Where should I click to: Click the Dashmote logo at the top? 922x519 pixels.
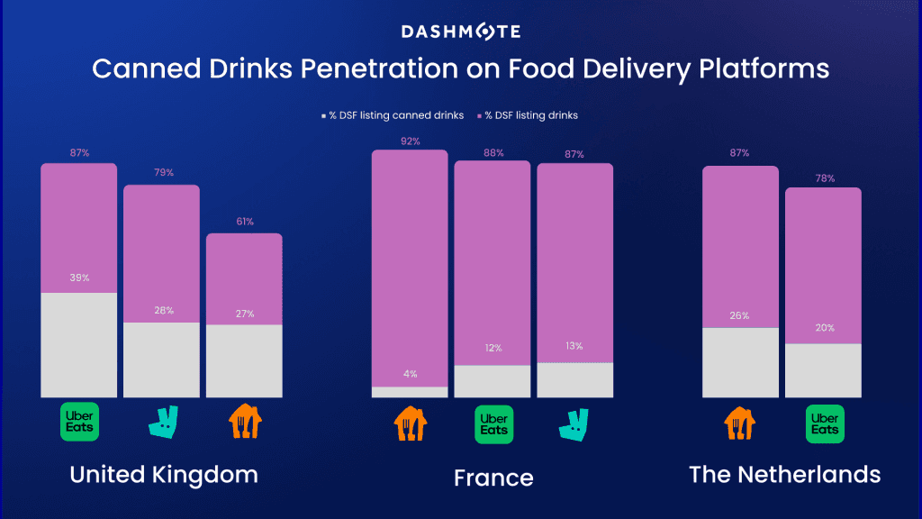[x=460, y=32]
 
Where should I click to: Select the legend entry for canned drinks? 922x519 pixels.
[x=392, y=115]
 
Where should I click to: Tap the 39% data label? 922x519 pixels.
[x=79, y=278]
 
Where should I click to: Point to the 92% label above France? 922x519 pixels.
[x=410, y=141]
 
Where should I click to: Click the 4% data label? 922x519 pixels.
[x=410, y=373]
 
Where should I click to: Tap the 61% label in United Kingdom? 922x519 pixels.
[x=244, y=221]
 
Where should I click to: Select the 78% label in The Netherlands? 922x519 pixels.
[x=823, y=178]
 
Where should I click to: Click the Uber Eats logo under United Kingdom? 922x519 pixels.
[x=79, y=421]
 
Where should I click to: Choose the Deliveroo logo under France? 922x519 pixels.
[x=575, y=423]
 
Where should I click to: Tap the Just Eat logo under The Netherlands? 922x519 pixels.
[x=740, y=422]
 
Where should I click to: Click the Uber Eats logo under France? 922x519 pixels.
[x=493, y=424]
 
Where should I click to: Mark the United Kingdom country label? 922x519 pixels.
[x=164, y=474]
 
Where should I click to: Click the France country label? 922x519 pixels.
[x=493, y=477]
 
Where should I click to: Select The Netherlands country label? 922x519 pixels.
[x=784, y=474]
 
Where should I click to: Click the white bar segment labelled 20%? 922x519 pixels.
[x=823, y=369]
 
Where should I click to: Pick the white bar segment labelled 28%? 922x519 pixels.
[x=161, y=360]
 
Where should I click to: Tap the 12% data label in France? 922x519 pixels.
[x=493, y=348]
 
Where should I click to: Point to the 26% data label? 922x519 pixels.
[x=740, y=315]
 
